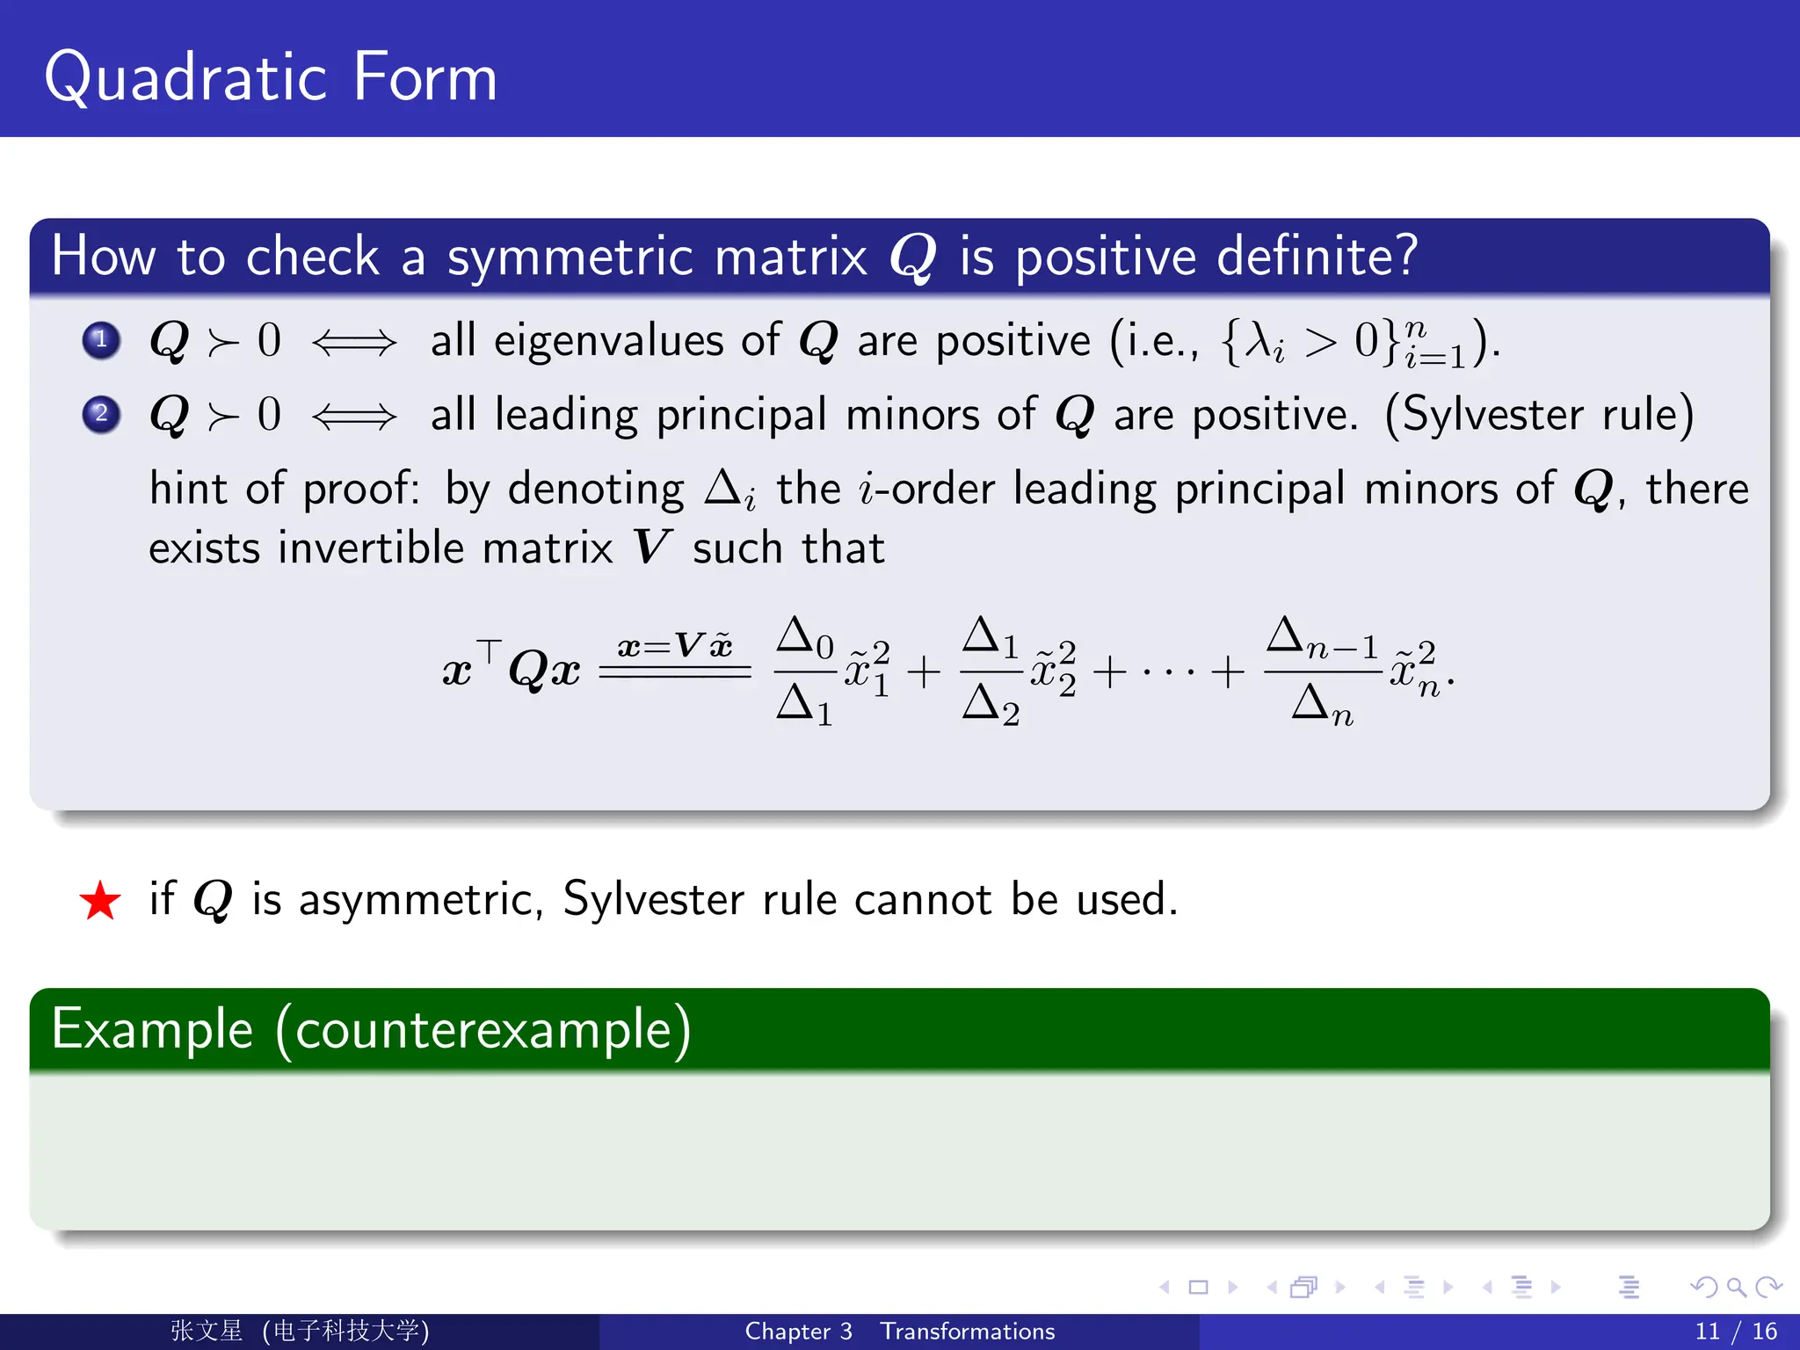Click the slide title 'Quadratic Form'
[x=271, y=77]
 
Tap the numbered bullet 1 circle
[x=101, y=340]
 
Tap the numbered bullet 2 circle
[x=101, y=414]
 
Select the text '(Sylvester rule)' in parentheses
[x=1538, y=415]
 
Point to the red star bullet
[x=100, y=901]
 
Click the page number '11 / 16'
[x=1736, y=1332]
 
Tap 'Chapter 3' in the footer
[x=798, y=1332]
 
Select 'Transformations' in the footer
[x=967, y=1332]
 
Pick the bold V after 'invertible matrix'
[x=652, y=548]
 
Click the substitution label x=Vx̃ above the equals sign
[x=675, y=647]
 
